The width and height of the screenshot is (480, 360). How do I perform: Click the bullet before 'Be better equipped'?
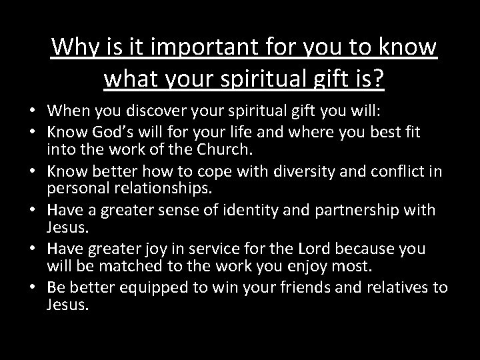click(x=31, y=288)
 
